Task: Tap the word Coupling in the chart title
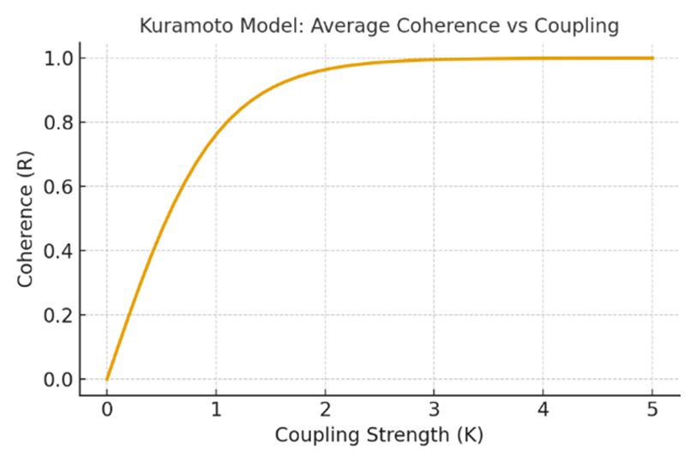coord(576,26)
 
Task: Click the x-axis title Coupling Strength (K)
coord(379,435)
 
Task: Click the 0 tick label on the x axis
coord(106,408)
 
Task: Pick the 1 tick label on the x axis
coord(216,408)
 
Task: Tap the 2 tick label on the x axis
coord(325,408)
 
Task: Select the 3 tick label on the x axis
coord(435,408)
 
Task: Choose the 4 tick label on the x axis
coord(544,408)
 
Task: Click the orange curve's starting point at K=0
coord(106,379)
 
